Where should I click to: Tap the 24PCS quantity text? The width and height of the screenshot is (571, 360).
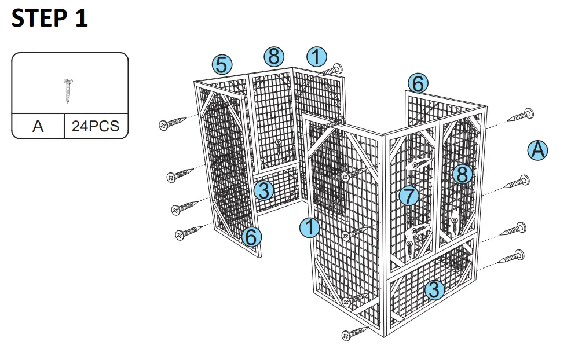click(95, 126)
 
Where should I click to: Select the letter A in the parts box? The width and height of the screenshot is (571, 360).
click(38, 126)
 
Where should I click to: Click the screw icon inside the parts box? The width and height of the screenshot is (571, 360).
click(69, 90)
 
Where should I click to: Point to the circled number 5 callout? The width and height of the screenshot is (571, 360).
click(221, 64)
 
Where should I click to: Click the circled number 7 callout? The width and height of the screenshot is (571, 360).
click(409, 196)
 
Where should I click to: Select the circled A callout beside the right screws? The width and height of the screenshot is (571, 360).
click(538, 150)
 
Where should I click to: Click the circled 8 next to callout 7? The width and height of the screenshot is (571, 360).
click(462, 174)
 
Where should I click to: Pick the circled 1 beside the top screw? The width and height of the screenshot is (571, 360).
click(317, 57)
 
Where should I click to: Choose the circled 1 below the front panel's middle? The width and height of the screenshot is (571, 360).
click(310, 227)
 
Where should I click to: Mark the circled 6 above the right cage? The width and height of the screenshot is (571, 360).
click(417, 83)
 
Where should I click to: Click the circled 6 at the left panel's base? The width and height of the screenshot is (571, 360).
click(251, 236)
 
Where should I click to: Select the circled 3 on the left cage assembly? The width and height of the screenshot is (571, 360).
click(263, 190)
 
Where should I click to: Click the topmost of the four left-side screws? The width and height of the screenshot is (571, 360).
click(174, 123)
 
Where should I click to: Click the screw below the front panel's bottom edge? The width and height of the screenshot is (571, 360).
click(354, 333)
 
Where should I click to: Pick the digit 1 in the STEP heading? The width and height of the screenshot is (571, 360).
click(79, 19)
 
